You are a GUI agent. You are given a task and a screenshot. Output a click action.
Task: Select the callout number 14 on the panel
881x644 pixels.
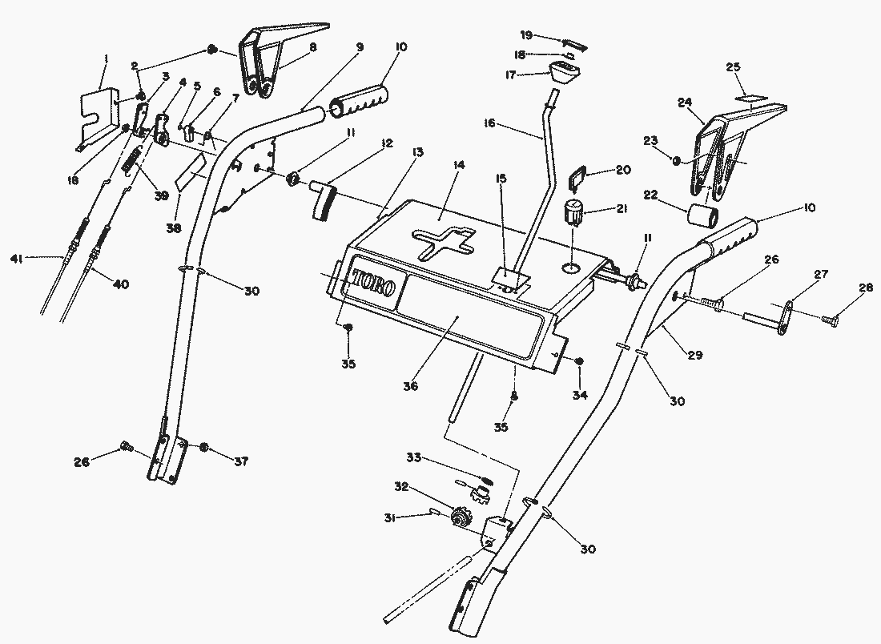(459, 165)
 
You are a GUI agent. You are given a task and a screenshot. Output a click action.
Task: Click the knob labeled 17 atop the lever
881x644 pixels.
(564, 73)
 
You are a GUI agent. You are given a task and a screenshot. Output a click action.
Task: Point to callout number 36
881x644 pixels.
(410, 386)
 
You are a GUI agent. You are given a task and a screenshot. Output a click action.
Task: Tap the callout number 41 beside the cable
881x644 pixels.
(16, 259)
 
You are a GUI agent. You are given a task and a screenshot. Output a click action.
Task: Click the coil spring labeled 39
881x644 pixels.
(131, 157)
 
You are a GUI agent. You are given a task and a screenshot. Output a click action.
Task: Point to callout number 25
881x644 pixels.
(733, 67)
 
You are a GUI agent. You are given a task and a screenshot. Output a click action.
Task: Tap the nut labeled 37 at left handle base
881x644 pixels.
(204, 448)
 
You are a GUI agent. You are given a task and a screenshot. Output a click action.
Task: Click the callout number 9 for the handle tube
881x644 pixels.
(360, 47)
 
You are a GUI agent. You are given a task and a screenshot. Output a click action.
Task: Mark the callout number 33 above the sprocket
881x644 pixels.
(414, 458)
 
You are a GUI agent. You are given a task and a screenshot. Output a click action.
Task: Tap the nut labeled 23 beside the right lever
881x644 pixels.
(677, 161)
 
